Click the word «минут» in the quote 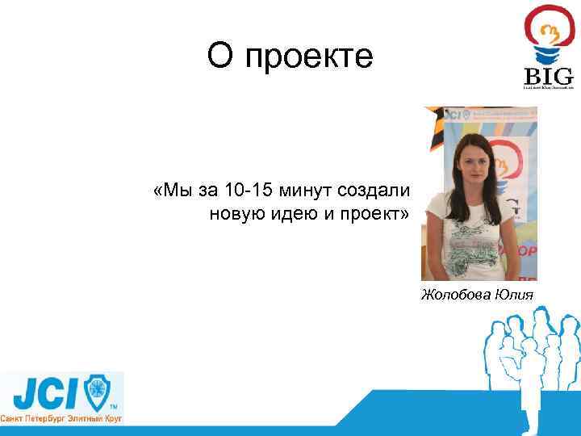click(x=307, y=191)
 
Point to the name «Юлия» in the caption click(x=514, y=293)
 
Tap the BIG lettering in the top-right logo click(x=549, y=76)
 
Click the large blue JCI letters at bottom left click(x=44, y=392)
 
